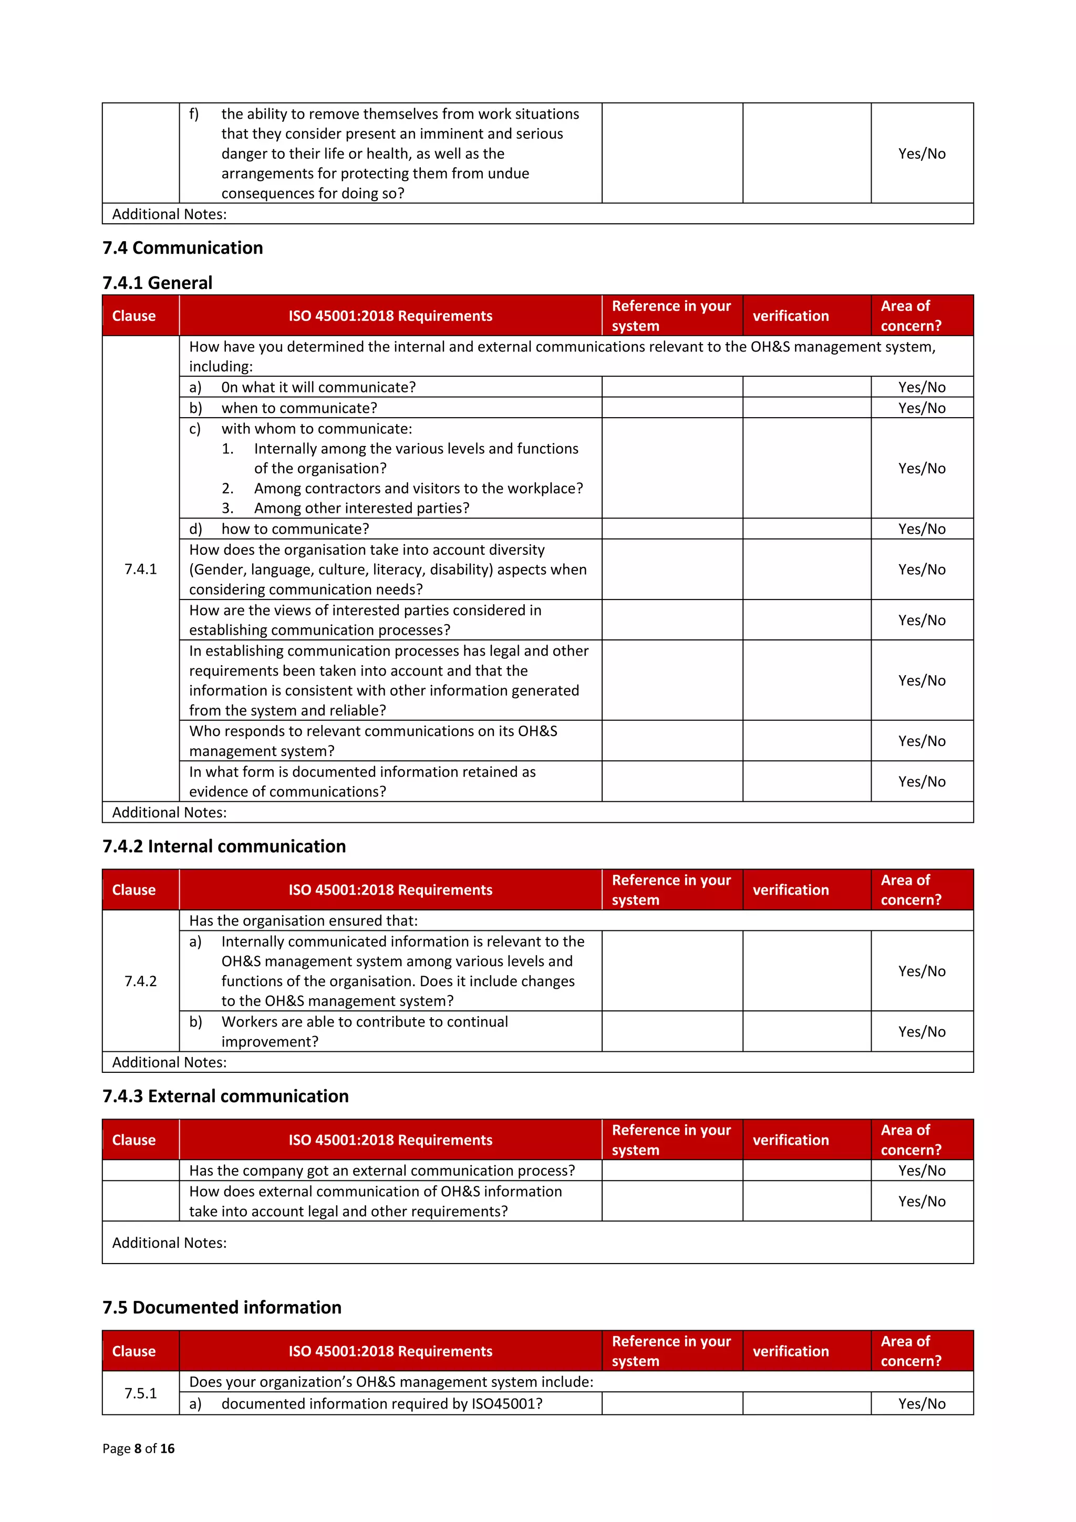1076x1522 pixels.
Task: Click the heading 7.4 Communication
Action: point(182,248)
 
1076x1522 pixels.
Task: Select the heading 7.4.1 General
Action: point(157,283)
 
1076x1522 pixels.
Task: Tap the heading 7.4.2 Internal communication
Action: point(224,846)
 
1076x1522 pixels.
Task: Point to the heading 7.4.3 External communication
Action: point(225,1096)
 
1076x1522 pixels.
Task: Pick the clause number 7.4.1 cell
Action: point(141,569)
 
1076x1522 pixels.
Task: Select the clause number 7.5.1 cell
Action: point(141,1393)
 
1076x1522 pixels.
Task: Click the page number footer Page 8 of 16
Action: point(139,1448)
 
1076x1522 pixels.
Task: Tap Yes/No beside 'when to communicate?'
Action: point(922,408)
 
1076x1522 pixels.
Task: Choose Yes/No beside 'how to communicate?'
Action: point(922,529)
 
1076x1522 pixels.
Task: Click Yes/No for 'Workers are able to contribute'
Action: point(922,1031)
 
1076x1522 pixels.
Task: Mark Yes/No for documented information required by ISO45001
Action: point(922,1403)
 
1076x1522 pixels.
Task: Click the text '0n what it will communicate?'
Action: point(318,387)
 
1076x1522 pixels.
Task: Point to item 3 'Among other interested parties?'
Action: point(361,508)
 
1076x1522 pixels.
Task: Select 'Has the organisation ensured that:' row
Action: point(304,921)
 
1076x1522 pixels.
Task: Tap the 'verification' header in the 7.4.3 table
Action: point(790,1140)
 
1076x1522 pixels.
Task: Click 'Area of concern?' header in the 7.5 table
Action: point(911,1351)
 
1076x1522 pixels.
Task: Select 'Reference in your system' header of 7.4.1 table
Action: point(671,316)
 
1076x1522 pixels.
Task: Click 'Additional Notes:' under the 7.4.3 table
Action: point(170,1243)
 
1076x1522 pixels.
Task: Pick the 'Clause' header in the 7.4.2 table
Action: point(134,891)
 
